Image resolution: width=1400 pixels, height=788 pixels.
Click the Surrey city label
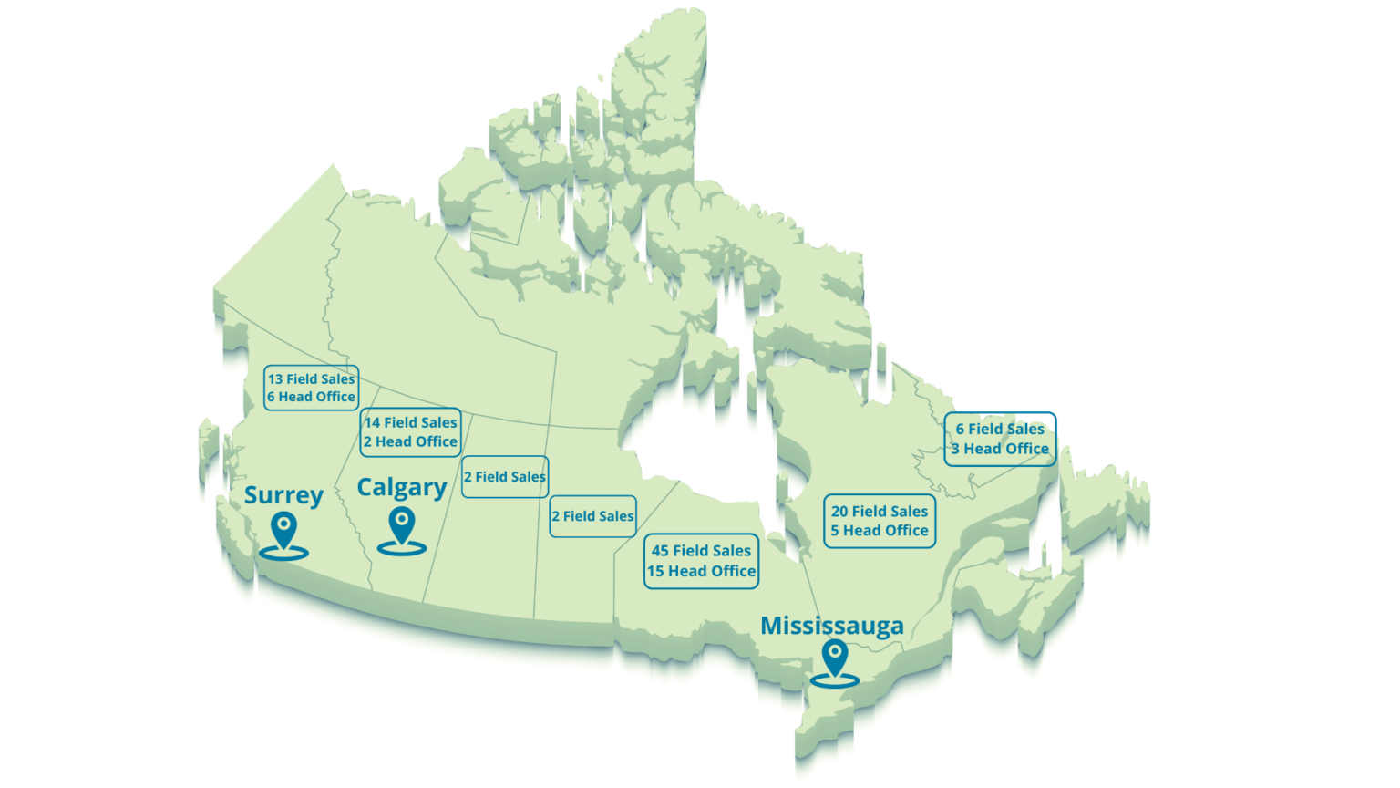(283, 496)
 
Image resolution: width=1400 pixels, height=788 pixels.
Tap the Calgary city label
(401, 488)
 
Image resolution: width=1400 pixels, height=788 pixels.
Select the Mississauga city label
(831, 626)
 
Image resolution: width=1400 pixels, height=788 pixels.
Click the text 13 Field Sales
(311, 379)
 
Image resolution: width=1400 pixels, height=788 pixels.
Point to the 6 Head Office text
(311, 397)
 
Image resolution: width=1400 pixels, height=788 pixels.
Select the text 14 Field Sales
(410, 423)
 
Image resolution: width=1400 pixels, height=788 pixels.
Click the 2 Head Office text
(410, 441)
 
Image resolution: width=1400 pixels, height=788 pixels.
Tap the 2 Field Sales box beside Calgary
(505, 476)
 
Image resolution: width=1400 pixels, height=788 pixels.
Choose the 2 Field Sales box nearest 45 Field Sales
(592, 516)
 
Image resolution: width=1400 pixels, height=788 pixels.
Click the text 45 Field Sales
(701, 551)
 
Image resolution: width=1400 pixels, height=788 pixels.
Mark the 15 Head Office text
(701, 571)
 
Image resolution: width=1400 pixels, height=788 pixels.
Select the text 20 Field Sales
(880, 512)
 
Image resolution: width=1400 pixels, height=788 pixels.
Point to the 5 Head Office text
(880, 530)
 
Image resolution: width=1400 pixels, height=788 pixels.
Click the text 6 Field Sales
(1000, 429)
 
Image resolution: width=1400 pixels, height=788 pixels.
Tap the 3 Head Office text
(1000, 449)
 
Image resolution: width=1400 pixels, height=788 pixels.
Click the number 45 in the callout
(660, 551)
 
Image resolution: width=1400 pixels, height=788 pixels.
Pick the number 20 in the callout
(839, 512)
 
